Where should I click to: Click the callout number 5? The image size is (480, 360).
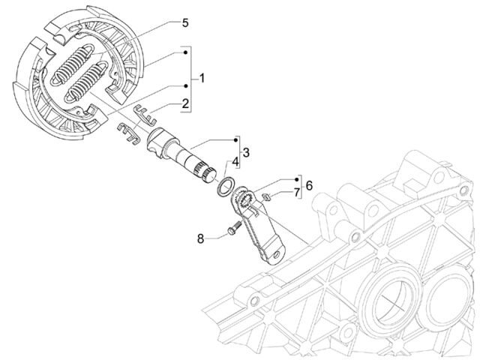pos(185,22)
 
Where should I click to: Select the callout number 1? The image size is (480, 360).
pos(202,78)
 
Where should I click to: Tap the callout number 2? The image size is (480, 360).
pos(185,103)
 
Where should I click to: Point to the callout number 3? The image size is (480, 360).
pos(246,152)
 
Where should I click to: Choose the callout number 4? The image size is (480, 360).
pos(235,162)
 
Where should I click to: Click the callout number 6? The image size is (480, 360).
pos(309,185)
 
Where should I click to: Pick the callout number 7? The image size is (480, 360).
pos(296,193)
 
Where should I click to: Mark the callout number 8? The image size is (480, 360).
pos(200,238)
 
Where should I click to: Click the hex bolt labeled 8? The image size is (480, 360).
pos(234,228)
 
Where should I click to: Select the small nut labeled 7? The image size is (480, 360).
pos(267,196)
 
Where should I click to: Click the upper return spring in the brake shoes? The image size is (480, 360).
pos(73,64)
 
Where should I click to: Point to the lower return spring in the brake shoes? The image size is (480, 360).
pos(86,82)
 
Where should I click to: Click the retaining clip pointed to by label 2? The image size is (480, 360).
pos(145,115)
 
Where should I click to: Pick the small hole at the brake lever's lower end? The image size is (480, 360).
pos(277,254)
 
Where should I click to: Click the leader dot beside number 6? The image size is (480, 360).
pos(297,179)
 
